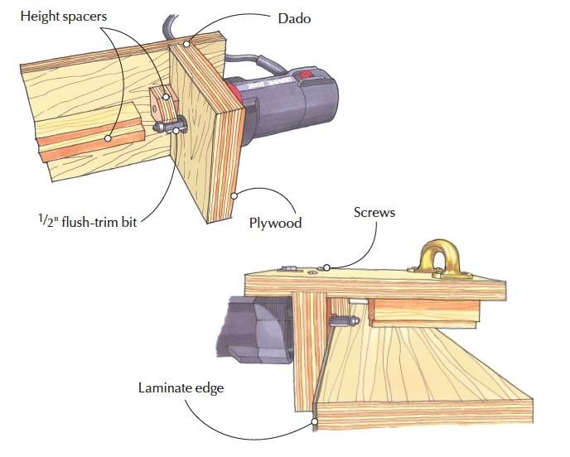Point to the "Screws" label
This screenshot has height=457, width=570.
click(374, 213)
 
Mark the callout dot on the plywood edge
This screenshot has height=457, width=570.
click(234, 196)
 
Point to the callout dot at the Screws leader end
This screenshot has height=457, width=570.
click(327, 267)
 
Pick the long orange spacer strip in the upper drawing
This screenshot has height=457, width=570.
click(91, 142)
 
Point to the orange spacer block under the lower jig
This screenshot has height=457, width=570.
click(423, 311)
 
